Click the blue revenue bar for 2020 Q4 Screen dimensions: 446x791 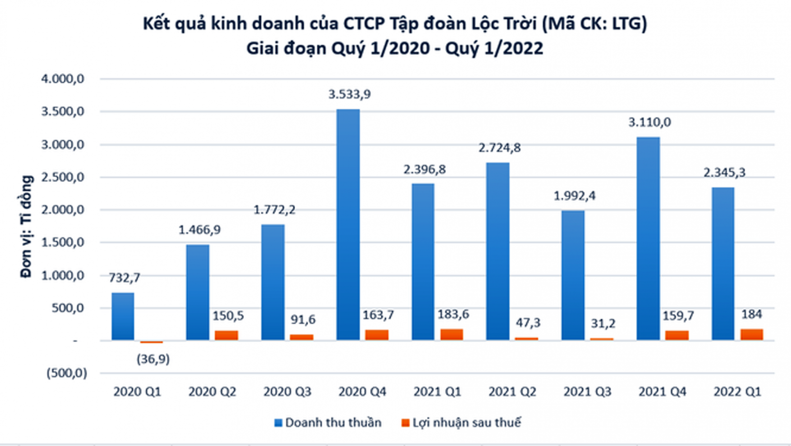point(348,225)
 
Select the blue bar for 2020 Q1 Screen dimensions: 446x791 point(123,316)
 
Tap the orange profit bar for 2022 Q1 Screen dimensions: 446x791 point(751,335)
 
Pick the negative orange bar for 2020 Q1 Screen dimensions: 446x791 point(151,342)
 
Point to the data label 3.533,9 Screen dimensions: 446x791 point(350,94)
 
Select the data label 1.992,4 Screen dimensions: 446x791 point(574,196)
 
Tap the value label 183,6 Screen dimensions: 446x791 point(453,314)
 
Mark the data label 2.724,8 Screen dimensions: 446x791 point(499,148)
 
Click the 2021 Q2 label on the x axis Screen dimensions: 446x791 point(512,392)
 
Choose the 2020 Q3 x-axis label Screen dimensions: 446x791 point(287,392)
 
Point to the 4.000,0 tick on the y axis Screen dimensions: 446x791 point(62,79)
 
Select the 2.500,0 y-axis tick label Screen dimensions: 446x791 point(62,177)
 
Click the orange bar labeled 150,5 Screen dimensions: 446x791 point(226,335)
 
